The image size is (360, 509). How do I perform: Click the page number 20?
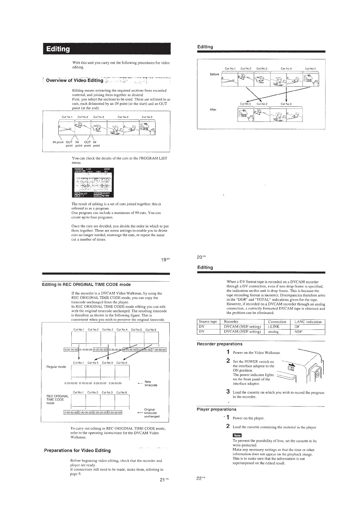[200, 257]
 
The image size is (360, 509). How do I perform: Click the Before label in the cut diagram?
[214, 74]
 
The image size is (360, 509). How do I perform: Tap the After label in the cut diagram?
[213, 109]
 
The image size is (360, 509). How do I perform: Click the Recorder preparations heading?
[219, 344]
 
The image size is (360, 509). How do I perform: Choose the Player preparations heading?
[216, 409]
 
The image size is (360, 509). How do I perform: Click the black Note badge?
[237, 436]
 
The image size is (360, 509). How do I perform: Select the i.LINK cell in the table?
[273, 326]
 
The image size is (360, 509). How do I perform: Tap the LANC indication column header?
[308, 322]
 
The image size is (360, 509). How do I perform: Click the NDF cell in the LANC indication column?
[299, 331]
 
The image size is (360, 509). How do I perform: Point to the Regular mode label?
[56, 367]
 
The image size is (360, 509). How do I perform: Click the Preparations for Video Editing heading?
[77, 450]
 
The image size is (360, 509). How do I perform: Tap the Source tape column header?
[208, 322]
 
